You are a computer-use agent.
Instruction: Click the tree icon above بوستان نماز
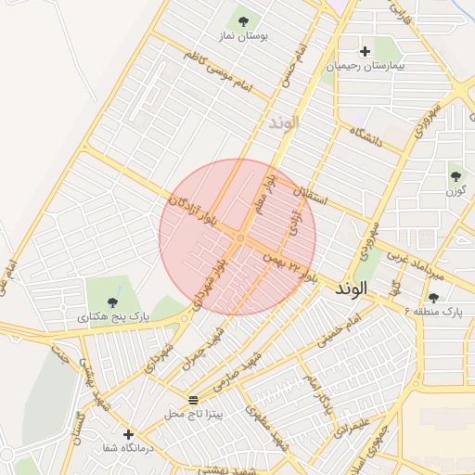point(243,20)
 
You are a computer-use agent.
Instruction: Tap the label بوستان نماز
point(243,36)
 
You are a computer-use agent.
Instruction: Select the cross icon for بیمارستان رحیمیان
point(365,51)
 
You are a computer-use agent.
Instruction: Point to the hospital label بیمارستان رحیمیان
point(365,67)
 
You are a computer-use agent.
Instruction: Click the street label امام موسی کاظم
point(218,71)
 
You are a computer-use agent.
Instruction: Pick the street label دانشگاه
point(366,137)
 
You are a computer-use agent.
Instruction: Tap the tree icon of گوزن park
point(455,175)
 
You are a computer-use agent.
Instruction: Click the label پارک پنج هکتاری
point(112,317)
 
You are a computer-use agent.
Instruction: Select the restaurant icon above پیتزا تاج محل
point(193,400)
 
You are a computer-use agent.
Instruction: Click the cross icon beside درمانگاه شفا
point(128,434)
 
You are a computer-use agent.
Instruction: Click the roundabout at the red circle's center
point(239,238)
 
